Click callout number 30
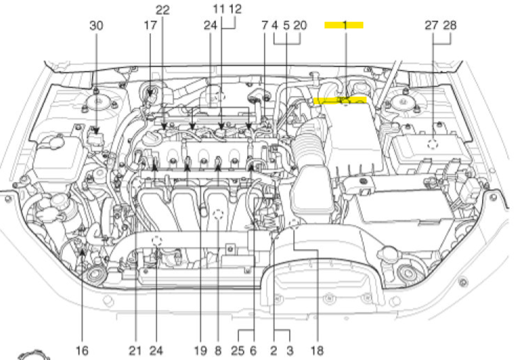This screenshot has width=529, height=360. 96,26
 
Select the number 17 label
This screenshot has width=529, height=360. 151,26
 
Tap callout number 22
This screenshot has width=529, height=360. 163,10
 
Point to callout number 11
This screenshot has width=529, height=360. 219,9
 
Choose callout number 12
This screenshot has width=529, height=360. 235,9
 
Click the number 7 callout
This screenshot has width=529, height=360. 265,26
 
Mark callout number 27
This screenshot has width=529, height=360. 431,26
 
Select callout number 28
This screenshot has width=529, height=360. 449,26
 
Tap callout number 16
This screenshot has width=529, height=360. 82,350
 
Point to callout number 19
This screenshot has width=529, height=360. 200,350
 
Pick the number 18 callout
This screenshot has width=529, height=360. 317,350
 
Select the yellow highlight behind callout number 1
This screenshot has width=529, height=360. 344,25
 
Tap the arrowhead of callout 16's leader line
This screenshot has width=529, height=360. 82,250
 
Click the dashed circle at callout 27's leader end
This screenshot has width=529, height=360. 432,144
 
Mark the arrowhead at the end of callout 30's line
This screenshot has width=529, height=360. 96,131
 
